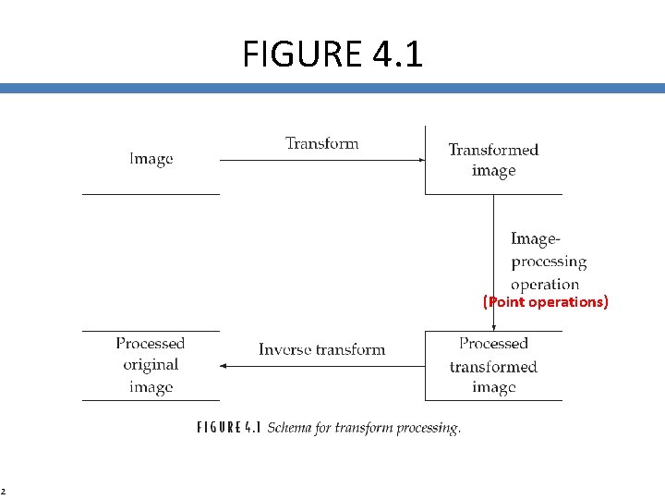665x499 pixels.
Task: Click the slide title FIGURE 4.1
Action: coord(332,55)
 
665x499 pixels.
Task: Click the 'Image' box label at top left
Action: coord(151,159)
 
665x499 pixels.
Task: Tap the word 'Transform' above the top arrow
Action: coord(321,143)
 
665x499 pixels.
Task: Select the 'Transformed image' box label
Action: coord(493,160)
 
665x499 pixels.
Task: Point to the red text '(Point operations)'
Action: coord(546,302)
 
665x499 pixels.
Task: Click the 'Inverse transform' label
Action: coord(321,349)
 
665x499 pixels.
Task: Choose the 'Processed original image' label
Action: coord(151,365)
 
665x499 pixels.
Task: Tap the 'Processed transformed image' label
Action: coord(493,366)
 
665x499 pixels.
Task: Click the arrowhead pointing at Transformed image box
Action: coord(421,161)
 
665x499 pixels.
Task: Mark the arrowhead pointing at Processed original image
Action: coord(224,366)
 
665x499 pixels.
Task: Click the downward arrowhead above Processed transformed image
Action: coord(494,326)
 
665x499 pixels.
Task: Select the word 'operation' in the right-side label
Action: coord(545,284)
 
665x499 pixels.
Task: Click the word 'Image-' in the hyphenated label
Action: coord(535,239)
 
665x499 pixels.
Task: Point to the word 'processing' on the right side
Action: coord(549,262)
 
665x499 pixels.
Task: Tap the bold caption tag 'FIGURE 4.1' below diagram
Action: coord(230,428)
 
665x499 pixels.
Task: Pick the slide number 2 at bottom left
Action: coord(3,491)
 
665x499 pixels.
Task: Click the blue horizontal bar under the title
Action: coord(332,89)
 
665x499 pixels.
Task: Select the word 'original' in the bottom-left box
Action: coord(151,365)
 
